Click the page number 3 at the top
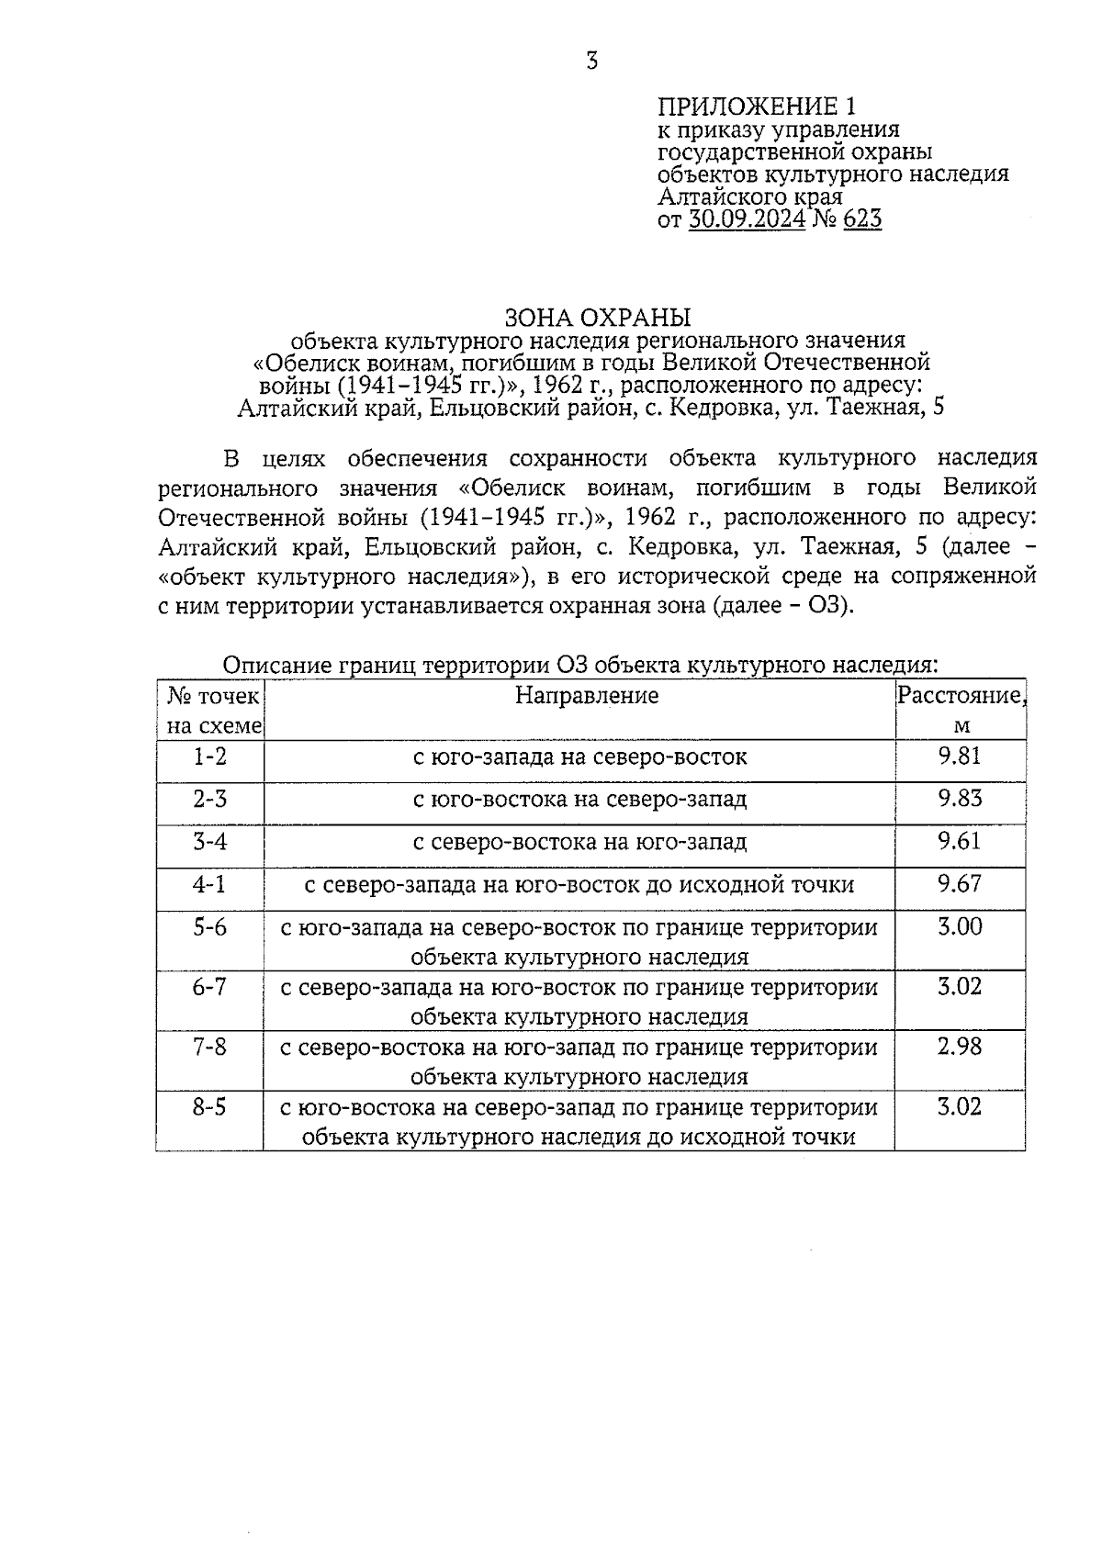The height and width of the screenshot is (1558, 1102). click(x=591, y=62)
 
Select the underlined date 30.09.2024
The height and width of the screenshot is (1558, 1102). click(x=747, y=219)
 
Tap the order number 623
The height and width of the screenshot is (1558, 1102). click(x=861, y=219)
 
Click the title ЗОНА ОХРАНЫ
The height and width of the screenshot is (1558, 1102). click(x=597, y=319)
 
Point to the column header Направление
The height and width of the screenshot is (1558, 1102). click(x=586, y=695)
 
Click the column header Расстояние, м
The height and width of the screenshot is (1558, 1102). click(x=960, y=710)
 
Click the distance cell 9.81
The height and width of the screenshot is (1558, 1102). click(x=960, y=755)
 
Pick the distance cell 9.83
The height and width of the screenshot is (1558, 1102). click(x=960, y=798)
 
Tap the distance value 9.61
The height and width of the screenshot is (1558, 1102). click(x=960, y=841)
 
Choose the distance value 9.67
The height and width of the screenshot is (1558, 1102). click(x=960, y=884)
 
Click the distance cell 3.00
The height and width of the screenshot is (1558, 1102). click(x=960, y=926)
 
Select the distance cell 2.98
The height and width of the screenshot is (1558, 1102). click(x=960, y=1047)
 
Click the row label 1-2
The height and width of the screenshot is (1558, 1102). click(x=209, y=757)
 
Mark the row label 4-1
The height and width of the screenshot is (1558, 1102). click(x=209, y=884)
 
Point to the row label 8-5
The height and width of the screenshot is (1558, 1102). click(x=209, y=1107)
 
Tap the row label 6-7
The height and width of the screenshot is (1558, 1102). click(x=209, y=987)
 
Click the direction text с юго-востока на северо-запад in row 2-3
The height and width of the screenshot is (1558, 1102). click(x=579, y=799)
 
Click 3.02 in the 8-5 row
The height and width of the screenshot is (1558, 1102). click(x=960, y=1107)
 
